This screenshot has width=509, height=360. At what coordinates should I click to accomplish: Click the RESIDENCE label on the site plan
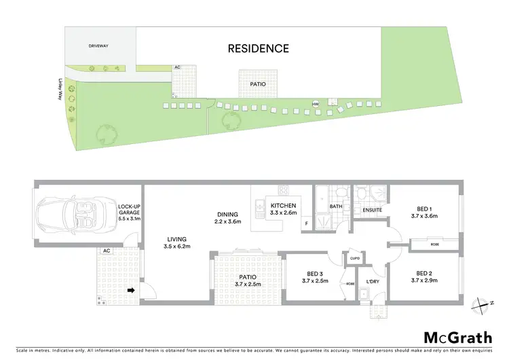(258, 48)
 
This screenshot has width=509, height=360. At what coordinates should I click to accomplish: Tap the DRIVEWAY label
(98, 46)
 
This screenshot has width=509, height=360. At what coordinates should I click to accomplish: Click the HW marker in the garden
(316, 104)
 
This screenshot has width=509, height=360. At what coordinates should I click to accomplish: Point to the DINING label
(228, 215)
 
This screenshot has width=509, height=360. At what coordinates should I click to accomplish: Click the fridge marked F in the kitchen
(306, 223)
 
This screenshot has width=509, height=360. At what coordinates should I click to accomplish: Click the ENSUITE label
(372, 210)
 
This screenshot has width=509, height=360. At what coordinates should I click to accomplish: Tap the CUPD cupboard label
(354, 257)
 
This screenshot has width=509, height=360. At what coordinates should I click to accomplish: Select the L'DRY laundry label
(372, 281)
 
